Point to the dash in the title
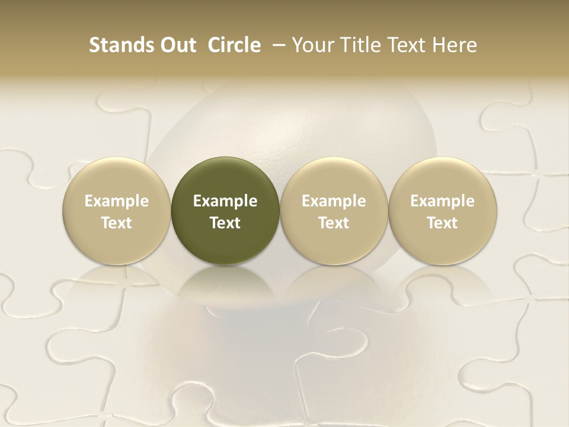pos(276,45)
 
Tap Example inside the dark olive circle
pos(225,201)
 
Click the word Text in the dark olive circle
pos(225,223)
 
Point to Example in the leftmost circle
pos(116,201)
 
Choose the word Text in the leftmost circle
pos(116,223)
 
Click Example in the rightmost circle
pos(443,201)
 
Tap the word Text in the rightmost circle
pos(443,223)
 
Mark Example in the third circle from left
pos(334,201)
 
